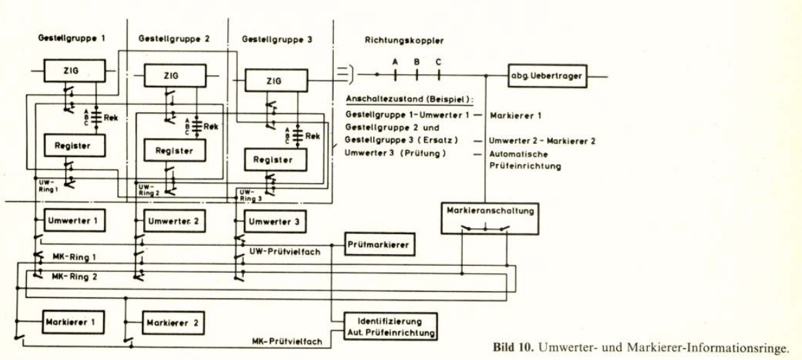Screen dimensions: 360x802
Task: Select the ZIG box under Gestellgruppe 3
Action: [273, 81]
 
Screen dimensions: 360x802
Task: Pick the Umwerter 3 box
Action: [273, 222]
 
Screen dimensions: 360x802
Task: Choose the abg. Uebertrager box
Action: [547, 76]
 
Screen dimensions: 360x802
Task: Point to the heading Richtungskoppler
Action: [404, 41]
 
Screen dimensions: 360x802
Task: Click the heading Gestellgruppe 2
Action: [174, 39]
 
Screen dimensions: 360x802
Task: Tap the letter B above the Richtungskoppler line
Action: [416, 61]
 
